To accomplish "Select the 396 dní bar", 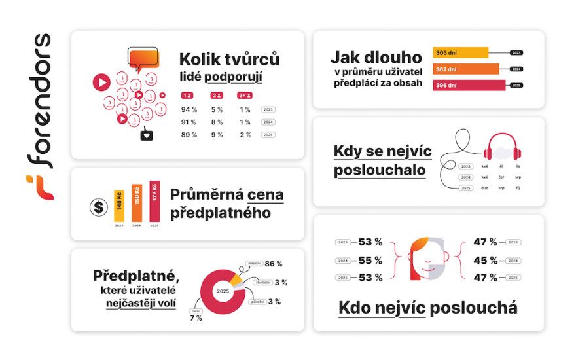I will pos(469,85).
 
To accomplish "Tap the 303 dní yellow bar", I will pos(460,52).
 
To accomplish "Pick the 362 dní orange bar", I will pos(465,69).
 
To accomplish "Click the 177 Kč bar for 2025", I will pos(154,201).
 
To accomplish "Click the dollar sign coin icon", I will pos(99,208).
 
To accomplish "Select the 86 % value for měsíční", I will pos(274,264).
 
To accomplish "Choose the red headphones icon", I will pos(501,147).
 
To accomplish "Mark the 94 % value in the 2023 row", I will pos(189,109).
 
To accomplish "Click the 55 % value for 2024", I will pos(370,260).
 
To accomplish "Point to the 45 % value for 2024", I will pos(485,260).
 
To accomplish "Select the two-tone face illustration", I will pos(427,259).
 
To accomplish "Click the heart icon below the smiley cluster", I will pos(147,135).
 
